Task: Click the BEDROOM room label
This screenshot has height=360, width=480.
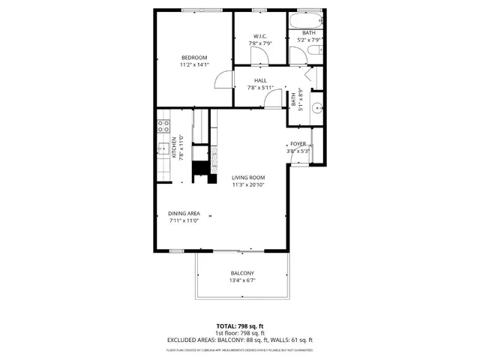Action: (x=194, y=58)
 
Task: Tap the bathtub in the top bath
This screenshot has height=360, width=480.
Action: (x=307, y=20)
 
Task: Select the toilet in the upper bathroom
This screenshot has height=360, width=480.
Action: (x=315, y=50)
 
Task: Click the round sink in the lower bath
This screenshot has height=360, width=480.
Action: (x=316, y=106)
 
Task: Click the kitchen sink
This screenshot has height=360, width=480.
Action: (x=163, y=148)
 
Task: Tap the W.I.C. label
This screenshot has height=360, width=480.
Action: (x=260, y=36)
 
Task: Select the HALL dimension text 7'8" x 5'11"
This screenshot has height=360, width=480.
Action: (x=260, y=88)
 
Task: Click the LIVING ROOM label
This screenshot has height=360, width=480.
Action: (x=248, y=177)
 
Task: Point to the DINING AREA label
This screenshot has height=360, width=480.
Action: (x=184, y=213)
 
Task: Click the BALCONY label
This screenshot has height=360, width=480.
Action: (x=241, y=273)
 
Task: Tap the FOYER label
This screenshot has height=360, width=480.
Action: (x=298, y=143)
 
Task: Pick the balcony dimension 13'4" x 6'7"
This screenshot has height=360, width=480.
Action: (x=241, y=281)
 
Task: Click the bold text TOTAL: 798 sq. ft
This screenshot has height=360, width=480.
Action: (x=239, y=326)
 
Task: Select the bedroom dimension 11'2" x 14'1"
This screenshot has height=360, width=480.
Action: (x=194, y=65)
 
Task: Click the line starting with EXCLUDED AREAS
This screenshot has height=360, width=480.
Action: (x=239, y=340)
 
